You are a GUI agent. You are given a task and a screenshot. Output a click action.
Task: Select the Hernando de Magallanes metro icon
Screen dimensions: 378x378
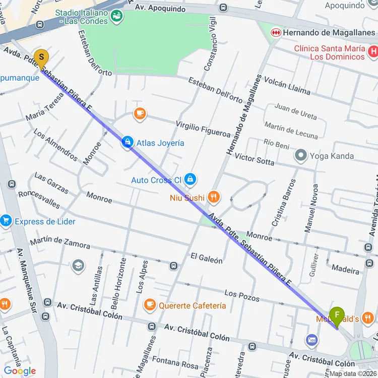(275, 32)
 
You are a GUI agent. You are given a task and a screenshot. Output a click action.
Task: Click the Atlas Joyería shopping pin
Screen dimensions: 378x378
(128, 143)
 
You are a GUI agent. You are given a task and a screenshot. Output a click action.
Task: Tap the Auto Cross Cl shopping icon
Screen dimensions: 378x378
(190, 179)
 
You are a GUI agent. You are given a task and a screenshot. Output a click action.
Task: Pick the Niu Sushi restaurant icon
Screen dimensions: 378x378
(214, 197)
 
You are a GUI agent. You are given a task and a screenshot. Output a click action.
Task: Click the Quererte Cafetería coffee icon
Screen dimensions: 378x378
(150, 304)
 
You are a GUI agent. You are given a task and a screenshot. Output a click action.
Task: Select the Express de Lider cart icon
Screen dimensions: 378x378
(6, 221)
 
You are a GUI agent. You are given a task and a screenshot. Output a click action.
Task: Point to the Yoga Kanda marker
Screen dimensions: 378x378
(301, 155)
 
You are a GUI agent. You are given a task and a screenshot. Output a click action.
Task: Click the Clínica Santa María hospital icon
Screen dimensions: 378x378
(373, 51)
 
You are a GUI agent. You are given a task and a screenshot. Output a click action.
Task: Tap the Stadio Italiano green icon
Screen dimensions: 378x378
(117, 17)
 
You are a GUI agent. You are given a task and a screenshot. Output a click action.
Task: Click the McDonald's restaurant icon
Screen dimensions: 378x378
(368, 318)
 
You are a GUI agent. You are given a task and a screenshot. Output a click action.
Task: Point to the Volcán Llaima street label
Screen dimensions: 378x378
(287, 86)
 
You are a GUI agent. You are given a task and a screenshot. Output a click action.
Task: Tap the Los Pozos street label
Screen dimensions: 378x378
(242, 296)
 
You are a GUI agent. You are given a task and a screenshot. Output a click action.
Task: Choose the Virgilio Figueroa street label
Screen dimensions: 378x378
(203, 129)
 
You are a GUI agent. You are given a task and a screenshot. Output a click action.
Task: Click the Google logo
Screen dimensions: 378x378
(20, 371)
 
